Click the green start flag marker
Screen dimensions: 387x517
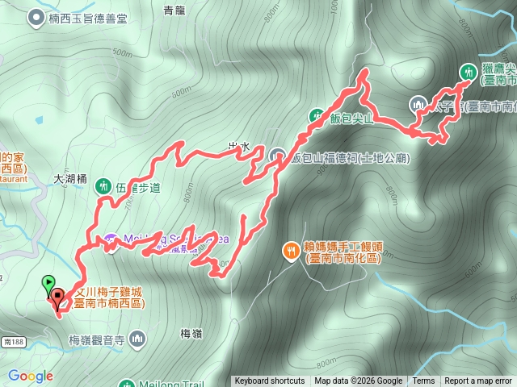point(48,283)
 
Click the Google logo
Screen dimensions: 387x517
point(31,376)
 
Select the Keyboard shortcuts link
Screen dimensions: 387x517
point(270,381)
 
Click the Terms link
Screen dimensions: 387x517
point(423,381)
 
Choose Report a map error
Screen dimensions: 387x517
point(478,381)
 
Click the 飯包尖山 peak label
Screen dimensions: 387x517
point(351,119)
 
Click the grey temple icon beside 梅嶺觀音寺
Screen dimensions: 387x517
point(137,337)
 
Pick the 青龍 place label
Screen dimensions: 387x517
point(174,10)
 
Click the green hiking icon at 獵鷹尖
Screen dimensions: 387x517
point(467,72)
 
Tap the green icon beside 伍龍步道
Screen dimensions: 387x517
point(103,186)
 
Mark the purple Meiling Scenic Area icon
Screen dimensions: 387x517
point(112,239)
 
